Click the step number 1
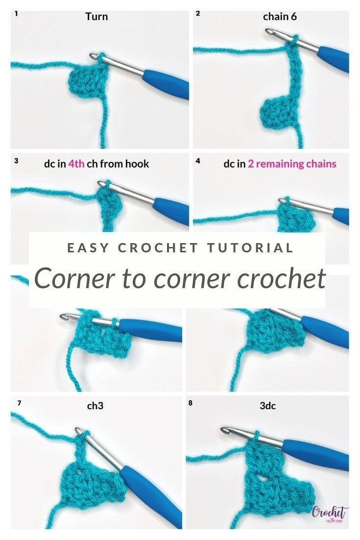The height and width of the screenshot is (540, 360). tap(17, 14)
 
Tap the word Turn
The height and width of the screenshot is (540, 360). tap(96, 17)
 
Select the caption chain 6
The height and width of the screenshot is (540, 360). tap(280, 17)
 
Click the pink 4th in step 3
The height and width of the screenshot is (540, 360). tap(76, 164)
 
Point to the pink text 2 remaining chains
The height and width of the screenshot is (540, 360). tap(292, 164)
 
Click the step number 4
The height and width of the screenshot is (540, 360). tap(197, 161)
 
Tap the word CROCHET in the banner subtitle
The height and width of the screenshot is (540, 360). tap(158, 247)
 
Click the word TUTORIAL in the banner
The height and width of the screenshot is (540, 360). tap(250, 247)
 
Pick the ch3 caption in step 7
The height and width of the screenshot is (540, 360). tap(95, 406)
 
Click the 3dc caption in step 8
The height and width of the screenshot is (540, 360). tap(268, 406)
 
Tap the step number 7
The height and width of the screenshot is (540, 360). tap(19, 402)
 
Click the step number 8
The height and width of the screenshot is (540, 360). tap(191, 402)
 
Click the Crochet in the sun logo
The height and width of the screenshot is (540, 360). tap(330, 515)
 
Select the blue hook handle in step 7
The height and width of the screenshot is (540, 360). tap(151, 496)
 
